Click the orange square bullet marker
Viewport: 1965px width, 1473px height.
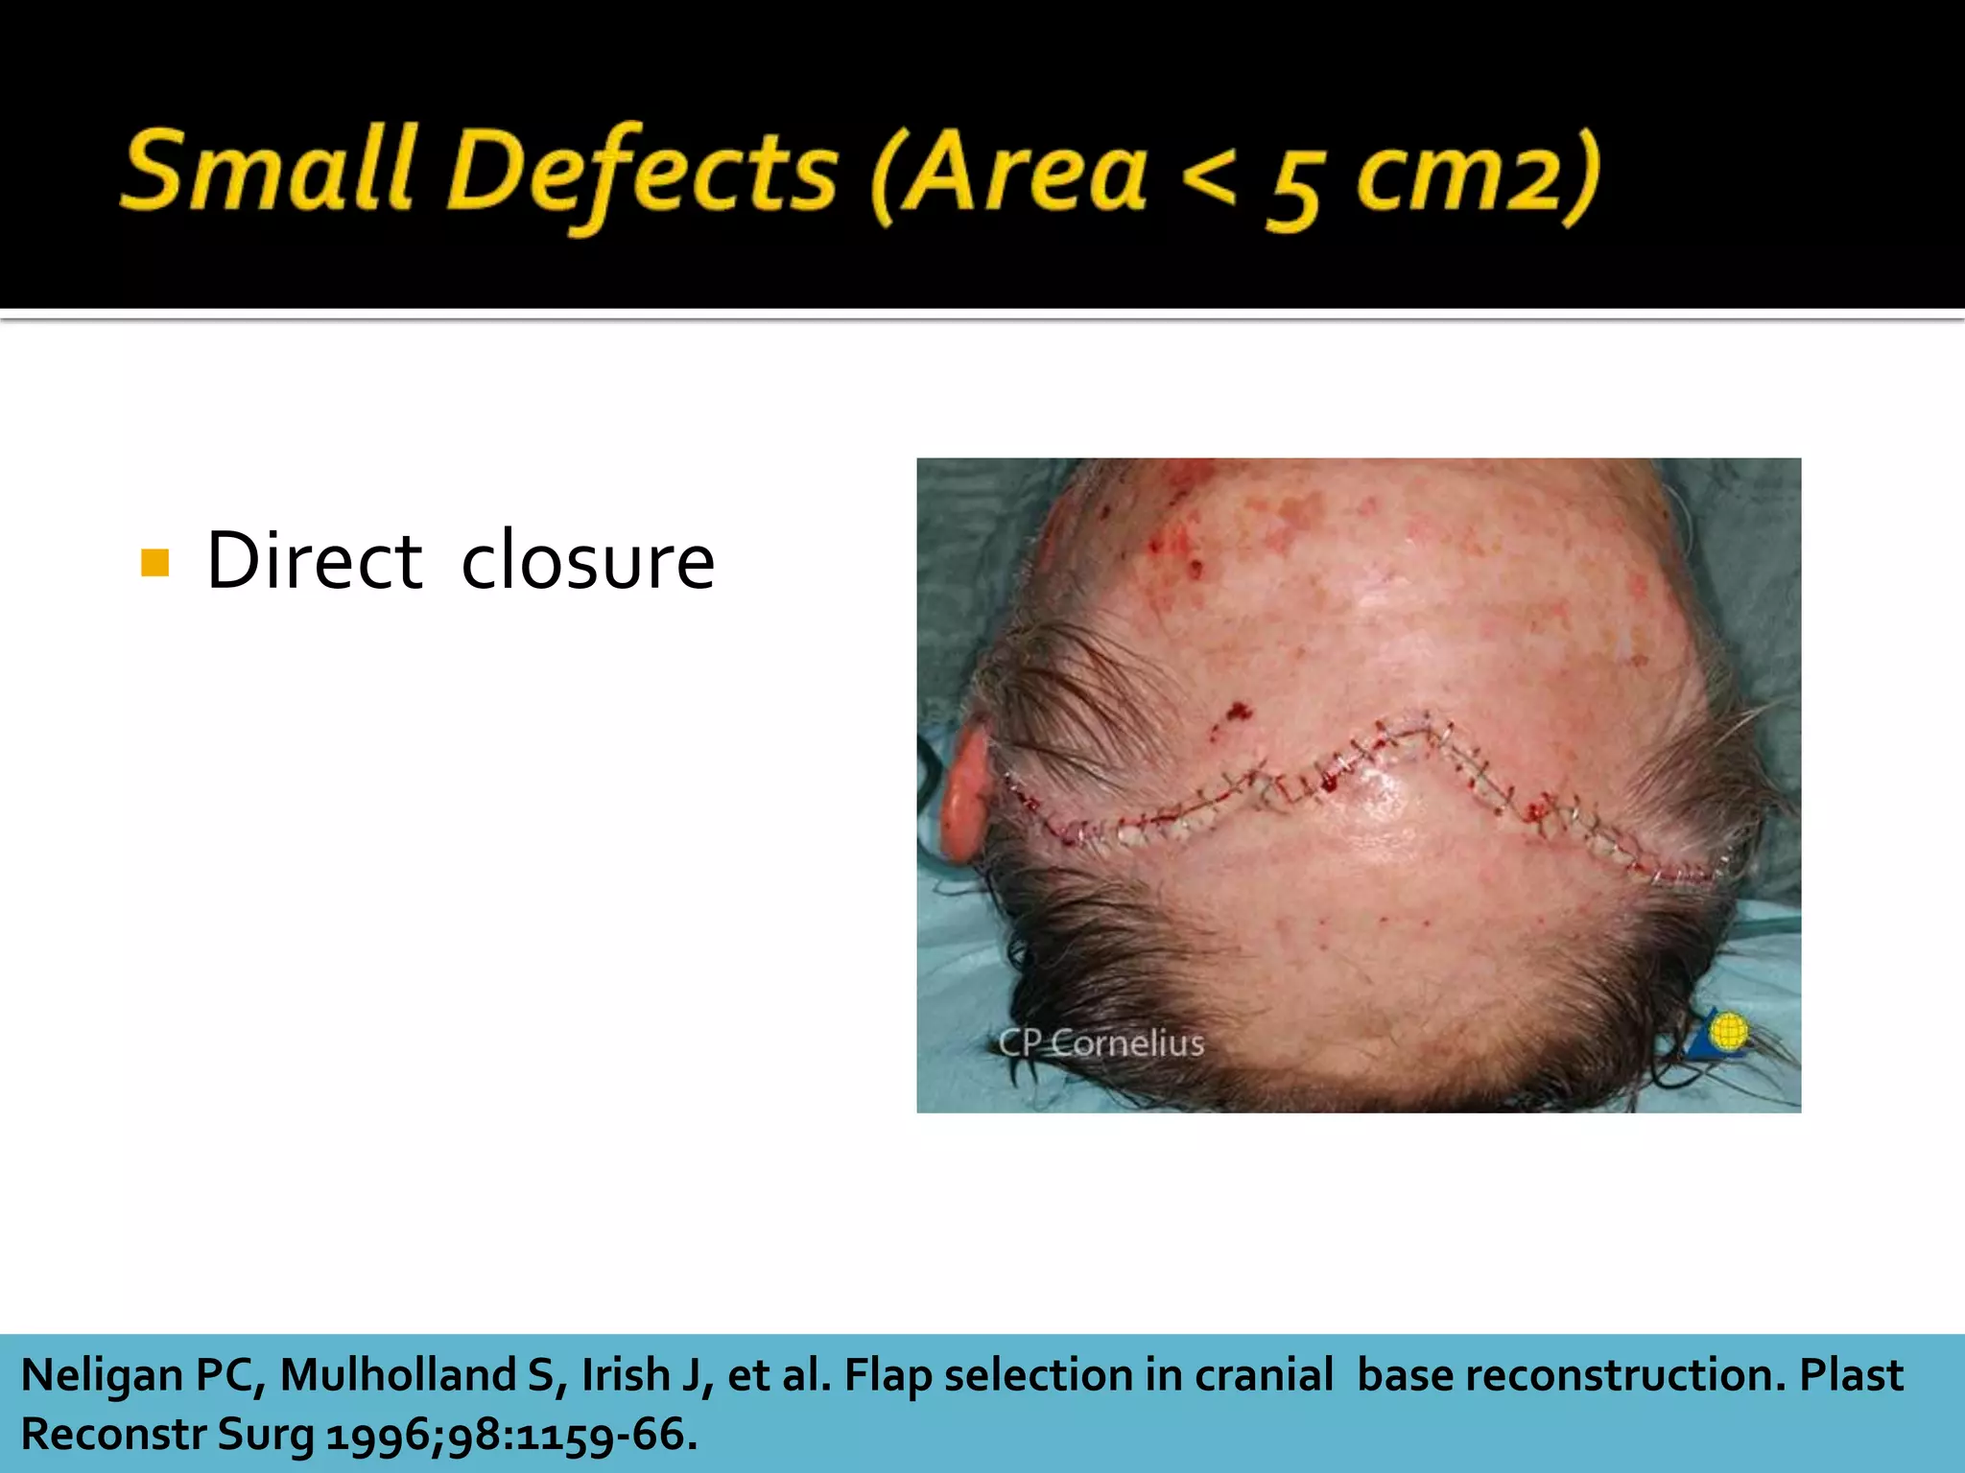(154, 562)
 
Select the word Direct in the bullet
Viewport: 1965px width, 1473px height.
(314, 561)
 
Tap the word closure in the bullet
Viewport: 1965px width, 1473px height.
(587, 561)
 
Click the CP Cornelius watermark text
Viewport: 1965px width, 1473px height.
(1101, 1042)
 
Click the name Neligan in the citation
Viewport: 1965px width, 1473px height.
(102, 1375)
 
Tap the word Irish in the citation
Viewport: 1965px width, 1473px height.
(625, 1375)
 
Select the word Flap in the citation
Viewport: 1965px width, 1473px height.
(888, 1375)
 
